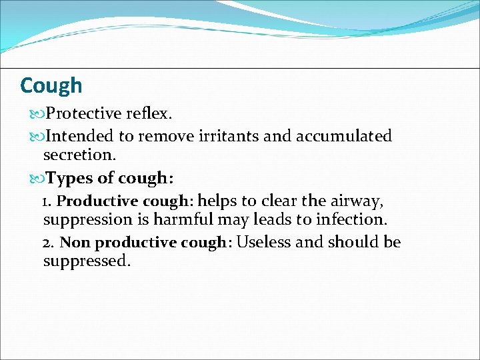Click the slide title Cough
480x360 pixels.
pyautogui.click(x=51, y=85)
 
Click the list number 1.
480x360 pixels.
pyautogui.click(x=45, y=201)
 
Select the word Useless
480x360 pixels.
pyautogui.click(x=264, y=242)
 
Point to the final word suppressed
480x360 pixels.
pyautogui.click(x=87, y=261)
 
